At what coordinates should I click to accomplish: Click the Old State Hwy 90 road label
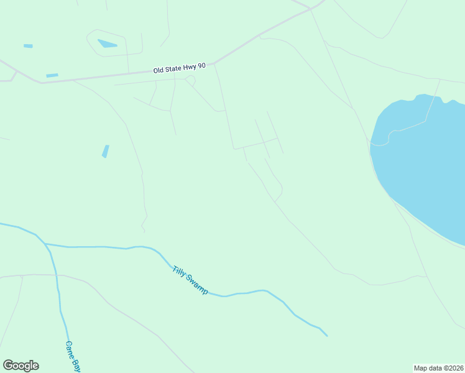click(x=180, y=68)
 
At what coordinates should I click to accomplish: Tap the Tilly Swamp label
click(x=190, y=279)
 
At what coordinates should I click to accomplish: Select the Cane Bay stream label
click(x=73, y=356)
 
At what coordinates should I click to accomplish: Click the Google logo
click(x=21, y=366)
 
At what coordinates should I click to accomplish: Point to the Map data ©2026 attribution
click(x=439, y=368)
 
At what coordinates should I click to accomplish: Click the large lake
click(x=423, y=162)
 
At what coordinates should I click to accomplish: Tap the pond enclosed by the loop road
click(x=107, y=44)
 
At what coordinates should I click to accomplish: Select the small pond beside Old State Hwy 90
click(x=52, y=75)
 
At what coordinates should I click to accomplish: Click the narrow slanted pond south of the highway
click(x=105, y=151)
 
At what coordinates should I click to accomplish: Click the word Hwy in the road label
click(x=188, y=67)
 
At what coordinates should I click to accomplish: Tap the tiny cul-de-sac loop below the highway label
click(x=190, y=80)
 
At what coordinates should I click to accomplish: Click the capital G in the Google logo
click(x=8, y=366)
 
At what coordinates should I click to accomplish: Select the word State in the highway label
click(x=173, y=69)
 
